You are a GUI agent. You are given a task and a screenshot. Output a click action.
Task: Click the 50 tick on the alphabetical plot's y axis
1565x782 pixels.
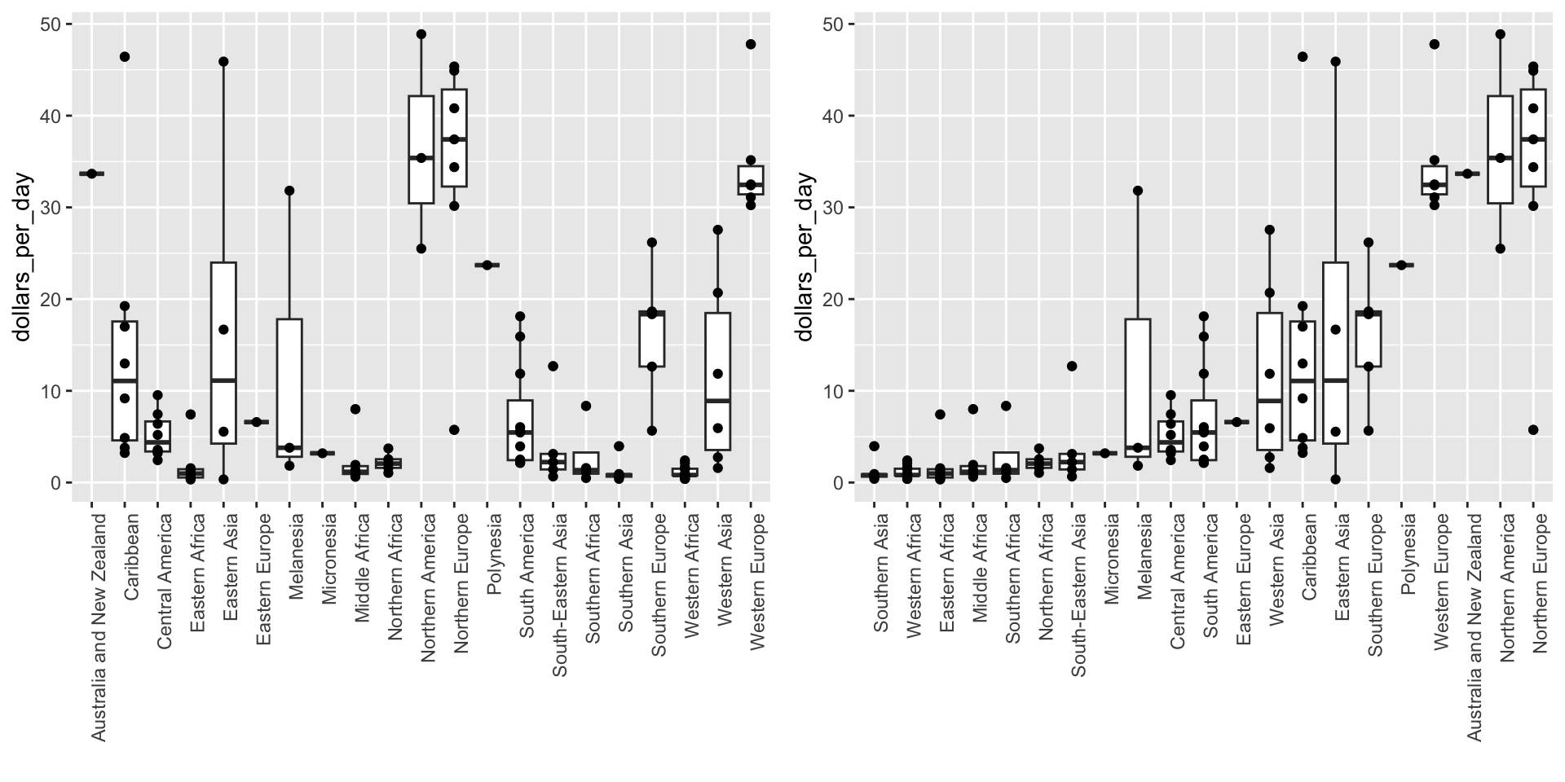click(x=51, y=24)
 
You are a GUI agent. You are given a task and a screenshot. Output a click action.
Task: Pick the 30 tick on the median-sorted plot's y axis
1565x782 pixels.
click(x=833, y=208)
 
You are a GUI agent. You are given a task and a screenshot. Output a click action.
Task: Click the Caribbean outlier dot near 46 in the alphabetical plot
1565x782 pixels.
click(x=125, y=57)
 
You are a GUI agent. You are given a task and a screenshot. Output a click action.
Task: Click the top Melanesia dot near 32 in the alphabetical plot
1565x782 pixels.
click(x=289, y=191)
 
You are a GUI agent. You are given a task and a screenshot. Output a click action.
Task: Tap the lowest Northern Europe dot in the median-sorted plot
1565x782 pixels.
click(x=1532, y=430)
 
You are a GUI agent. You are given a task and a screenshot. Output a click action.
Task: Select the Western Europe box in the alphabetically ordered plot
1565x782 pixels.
click(x=751, y=179)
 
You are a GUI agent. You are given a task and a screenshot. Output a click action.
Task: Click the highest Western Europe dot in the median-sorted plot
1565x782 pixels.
click(x=1435, y=44)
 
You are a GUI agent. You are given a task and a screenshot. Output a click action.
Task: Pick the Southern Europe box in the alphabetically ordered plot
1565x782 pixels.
click(x=652, y=339)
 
